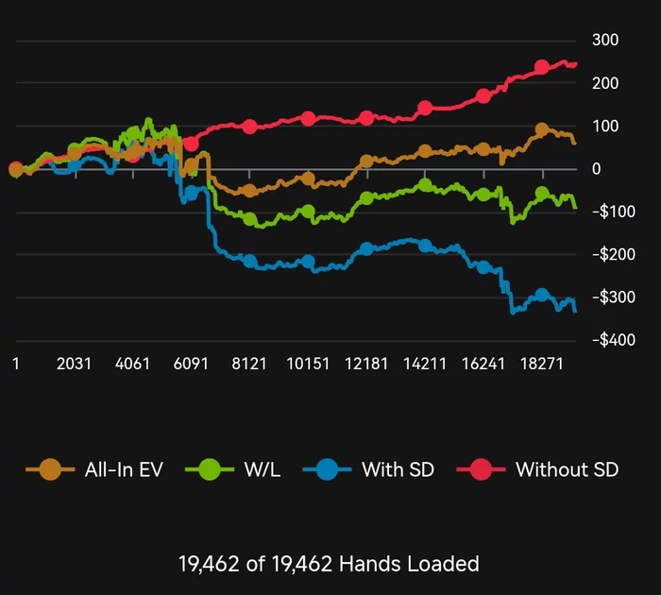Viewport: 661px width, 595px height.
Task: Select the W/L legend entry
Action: point(246,468)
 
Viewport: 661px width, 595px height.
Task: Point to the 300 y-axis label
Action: point(604,41)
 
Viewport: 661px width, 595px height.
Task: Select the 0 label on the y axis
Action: point(596,169)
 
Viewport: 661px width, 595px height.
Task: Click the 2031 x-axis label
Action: point(74,365)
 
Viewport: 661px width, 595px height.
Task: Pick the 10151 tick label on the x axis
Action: point(308,365)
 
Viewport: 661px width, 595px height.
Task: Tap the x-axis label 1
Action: point(15,365)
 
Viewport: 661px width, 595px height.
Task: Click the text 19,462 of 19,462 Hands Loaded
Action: point(329,565)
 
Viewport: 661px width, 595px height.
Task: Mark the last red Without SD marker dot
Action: point(542,67)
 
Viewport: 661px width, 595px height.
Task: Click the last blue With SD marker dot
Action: point(542,296)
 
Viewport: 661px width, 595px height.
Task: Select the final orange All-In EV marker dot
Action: point(542,130)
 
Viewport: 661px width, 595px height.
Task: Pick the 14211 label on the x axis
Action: point(425,365)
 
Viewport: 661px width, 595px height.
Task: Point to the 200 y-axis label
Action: point(604,83)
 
